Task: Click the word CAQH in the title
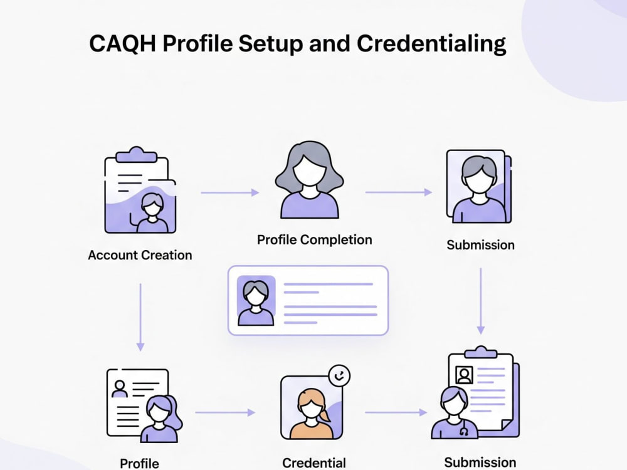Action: [x=122, y=44]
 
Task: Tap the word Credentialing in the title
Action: [x=431, y=44]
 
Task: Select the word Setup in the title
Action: [x=271, y=44]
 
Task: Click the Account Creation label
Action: [x=140, y=255]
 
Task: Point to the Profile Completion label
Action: [x=314, y=240]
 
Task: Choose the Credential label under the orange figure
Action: [x=314, y=463]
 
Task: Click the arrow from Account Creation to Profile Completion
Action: [x=230, y=192]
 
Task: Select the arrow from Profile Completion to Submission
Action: [x=398, y=192]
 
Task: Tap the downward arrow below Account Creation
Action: [x=140, y=317]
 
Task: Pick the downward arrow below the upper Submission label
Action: [x=481, y=301]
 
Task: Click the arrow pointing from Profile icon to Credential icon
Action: [x=225, y=412]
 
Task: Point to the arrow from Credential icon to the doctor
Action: [x=396, y=412]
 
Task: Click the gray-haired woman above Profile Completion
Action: [x=309, y=179]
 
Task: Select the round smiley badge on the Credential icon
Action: [x=339, y=375]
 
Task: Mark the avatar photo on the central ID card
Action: [x=256, y=301]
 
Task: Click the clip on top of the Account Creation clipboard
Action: [x=136, y=154]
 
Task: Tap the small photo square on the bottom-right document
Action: [x=464, y=375]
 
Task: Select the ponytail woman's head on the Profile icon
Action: [x=161, y=409]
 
